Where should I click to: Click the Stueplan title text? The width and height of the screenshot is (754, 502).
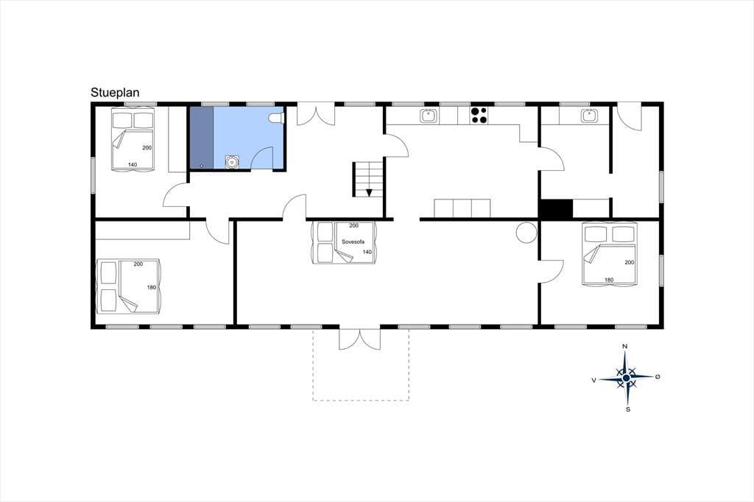click(115, 93)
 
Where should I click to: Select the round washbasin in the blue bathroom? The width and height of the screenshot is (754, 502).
click(232, 162)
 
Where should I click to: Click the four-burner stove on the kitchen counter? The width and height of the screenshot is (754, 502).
click(479, 116)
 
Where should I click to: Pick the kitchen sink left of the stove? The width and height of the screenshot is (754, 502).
click(428, 116)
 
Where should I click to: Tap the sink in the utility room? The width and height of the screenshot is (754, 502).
click(588, 116)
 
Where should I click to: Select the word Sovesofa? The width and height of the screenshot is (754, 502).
click(353, 241)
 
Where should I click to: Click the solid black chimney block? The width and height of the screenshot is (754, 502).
click(556, 209)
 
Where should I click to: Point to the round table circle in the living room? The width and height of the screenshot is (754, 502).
click(526, 233)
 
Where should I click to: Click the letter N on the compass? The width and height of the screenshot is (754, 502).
click(624, 346)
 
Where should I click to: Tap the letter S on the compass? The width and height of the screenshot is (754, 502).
click(627, 410)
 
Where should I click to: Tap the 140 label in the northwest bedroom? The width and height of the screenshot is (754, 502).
click(133, 165)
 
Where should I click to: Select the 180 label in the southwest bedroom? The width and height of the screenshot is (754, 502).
click(152, 288)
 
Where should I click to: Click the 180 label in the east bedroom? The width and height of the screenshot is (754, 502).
click(609, 280)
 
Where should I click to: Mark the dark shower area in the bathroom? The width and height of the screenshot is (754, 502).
click(202, 138)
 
